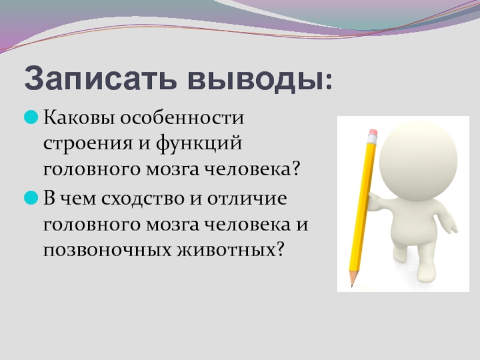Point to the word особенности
[182, 117]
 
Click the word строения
[88, 143]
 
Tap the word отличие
[247, 199]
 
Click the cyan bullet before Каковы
[31, 117]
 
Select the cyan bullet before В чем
[31, 198]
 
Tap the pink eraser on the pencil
[373, 132]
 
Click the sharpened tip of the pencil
[352, 286]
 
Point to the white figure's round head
[418, 159]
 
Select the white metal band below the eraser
[372, 139]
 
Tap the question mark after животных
[278, 249]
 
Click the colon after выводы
[329, 82]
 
